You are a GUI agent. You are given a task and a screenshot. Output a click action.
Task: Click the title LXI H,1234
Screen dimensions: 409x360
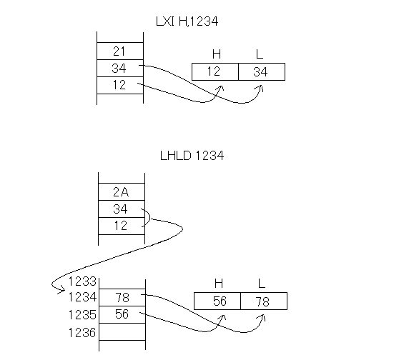(187, 21)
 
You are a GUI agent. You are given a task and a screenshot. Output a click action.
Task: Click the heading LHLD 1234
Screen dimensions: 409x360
(192, 156)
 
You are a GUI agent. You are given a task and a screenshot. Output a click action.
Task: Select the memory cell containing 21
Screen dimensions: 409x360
(120, 51)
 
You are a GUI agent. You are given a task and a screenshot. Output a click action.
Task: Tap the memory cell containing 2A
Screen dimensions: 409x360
(122, 191)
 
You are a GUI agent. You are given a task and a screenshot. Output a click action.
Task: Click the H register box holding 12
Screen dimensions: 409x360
(215, 71)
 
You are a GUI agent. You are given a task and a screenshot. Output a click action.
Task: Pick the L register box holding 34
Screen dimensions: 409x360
(262, 71)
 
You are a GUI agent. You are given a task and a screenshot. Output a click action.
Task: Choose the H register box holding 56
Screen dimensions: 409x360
(217, 301)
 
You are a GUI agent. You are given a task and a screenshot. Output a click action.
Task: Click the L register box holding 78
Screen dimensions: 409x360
(264, 301)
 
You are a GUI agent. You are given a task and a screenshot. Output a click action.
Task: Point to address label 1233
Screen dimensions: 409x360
(82, 281)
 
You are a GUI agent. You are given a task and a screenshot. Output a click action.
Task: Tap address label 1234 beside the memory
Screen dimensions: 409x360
(82, 297)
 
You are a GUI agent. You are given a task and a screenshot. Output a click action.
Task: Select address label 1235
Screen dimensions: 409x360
(82, 315)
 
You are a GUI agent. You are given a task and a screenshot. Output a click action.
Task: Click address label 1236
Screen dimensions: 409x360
(82, 333)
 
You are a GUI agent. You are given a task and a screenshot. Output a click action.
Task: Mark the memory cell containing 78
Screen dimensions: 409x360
(122, 297)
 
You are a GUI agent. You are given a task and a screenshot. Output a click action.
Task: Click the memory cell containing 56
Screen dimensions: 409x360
(122, 314)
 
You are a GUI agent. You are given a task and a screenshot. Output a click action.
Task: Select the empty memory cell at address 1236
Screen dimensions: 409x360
(122, 331)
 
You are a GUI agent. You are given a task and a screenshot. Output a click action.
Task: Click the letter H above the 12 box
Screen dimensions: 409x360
(217, 54)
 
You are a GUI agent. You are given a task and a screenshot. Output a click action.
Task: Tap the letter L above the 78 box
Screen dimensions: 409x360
(262, 283)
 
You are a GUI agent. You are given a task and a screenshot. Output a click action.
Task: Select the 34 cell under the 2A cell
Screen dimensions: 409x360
(122, 209)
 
